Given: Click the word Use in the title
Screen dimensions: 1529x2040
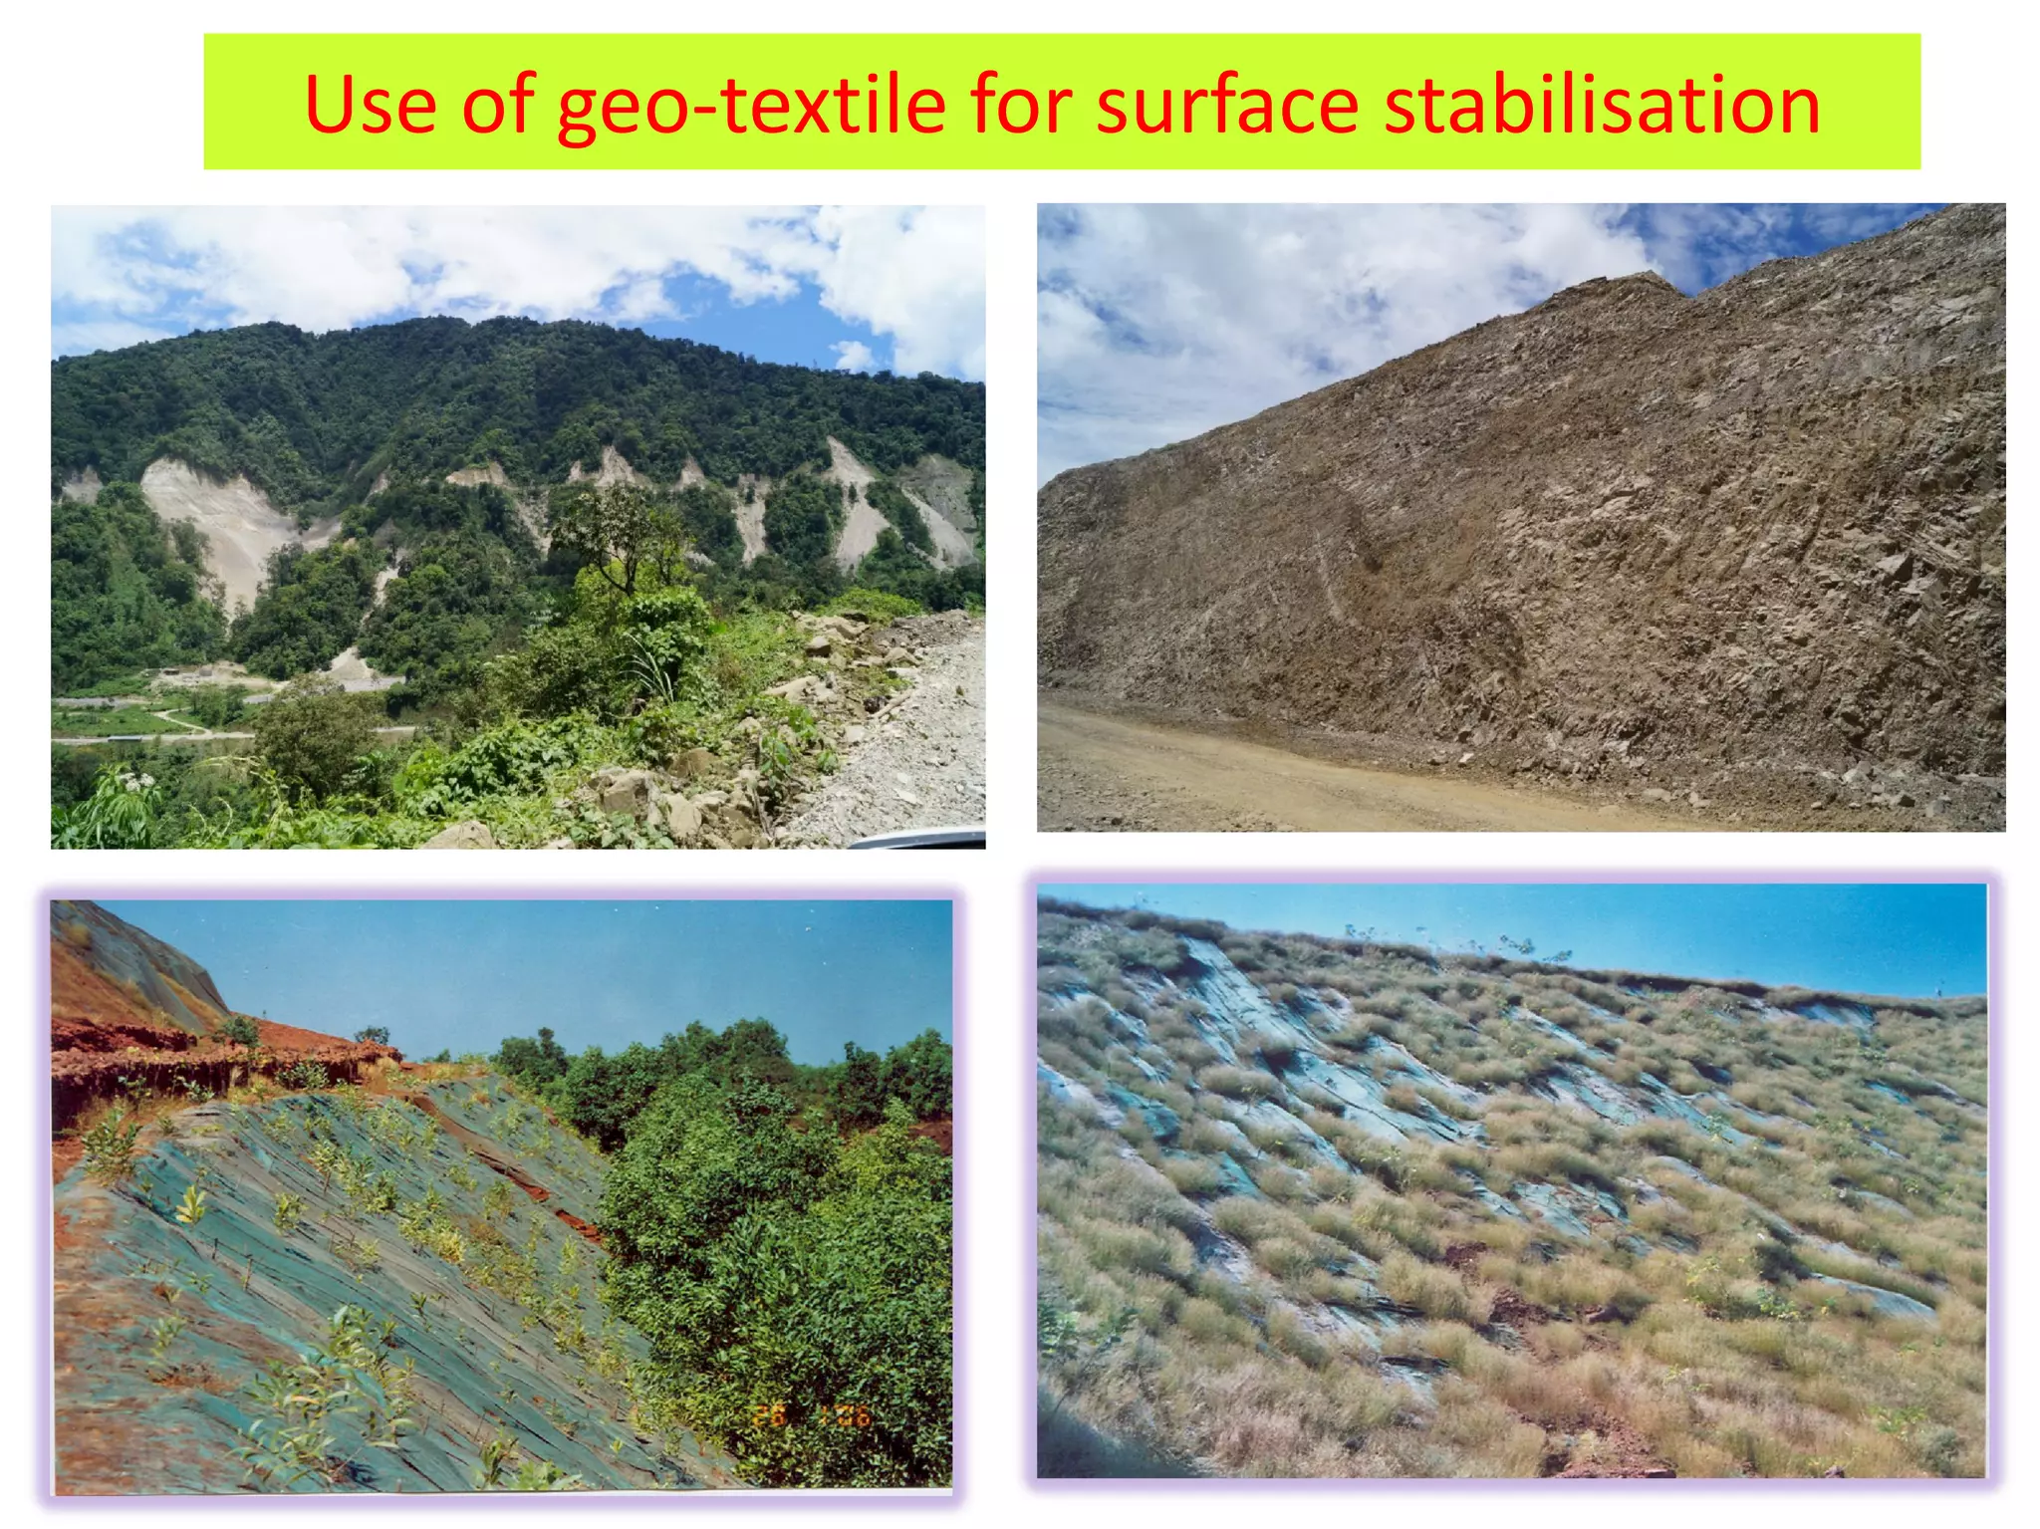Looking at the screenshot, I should (x=370, y=106).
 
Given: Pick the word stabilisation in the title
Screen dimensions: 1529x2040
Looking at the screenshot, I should (x=1603, y=106).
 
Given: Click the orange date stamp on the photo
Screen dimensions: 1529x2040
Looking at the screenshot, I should (x=812, y=1414).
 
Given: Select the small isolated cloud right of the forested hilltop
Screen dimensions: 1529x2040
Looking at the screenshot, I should (x=852, y=354).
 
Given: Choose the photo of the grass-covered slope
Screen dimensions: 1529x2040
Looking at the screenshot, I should (x=1511, y=1180).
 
